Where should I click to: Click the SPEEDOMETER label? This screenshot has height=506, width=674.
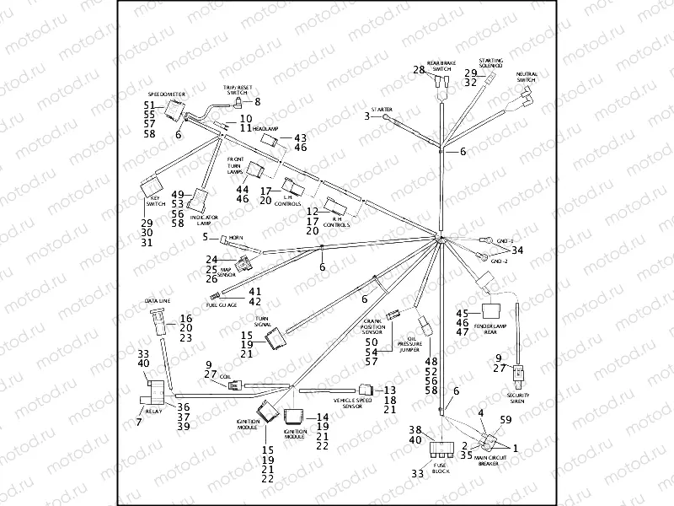coord(166,94)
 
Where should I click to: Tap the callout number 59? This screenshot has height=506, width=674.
coord(506,419)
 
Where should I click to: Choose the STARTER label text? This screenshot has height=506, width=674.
coord(382,110)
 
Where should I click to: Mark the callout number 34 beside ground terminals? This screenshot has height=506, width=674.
coord(517,250)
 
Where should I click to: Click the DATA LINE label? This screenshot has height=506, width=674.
coord(156,301)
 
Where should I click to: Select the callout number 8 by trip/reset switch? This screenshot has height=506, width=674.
coord(257,102)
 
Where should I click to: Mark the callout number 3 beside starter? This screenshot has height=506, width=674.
coord(367,116)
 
